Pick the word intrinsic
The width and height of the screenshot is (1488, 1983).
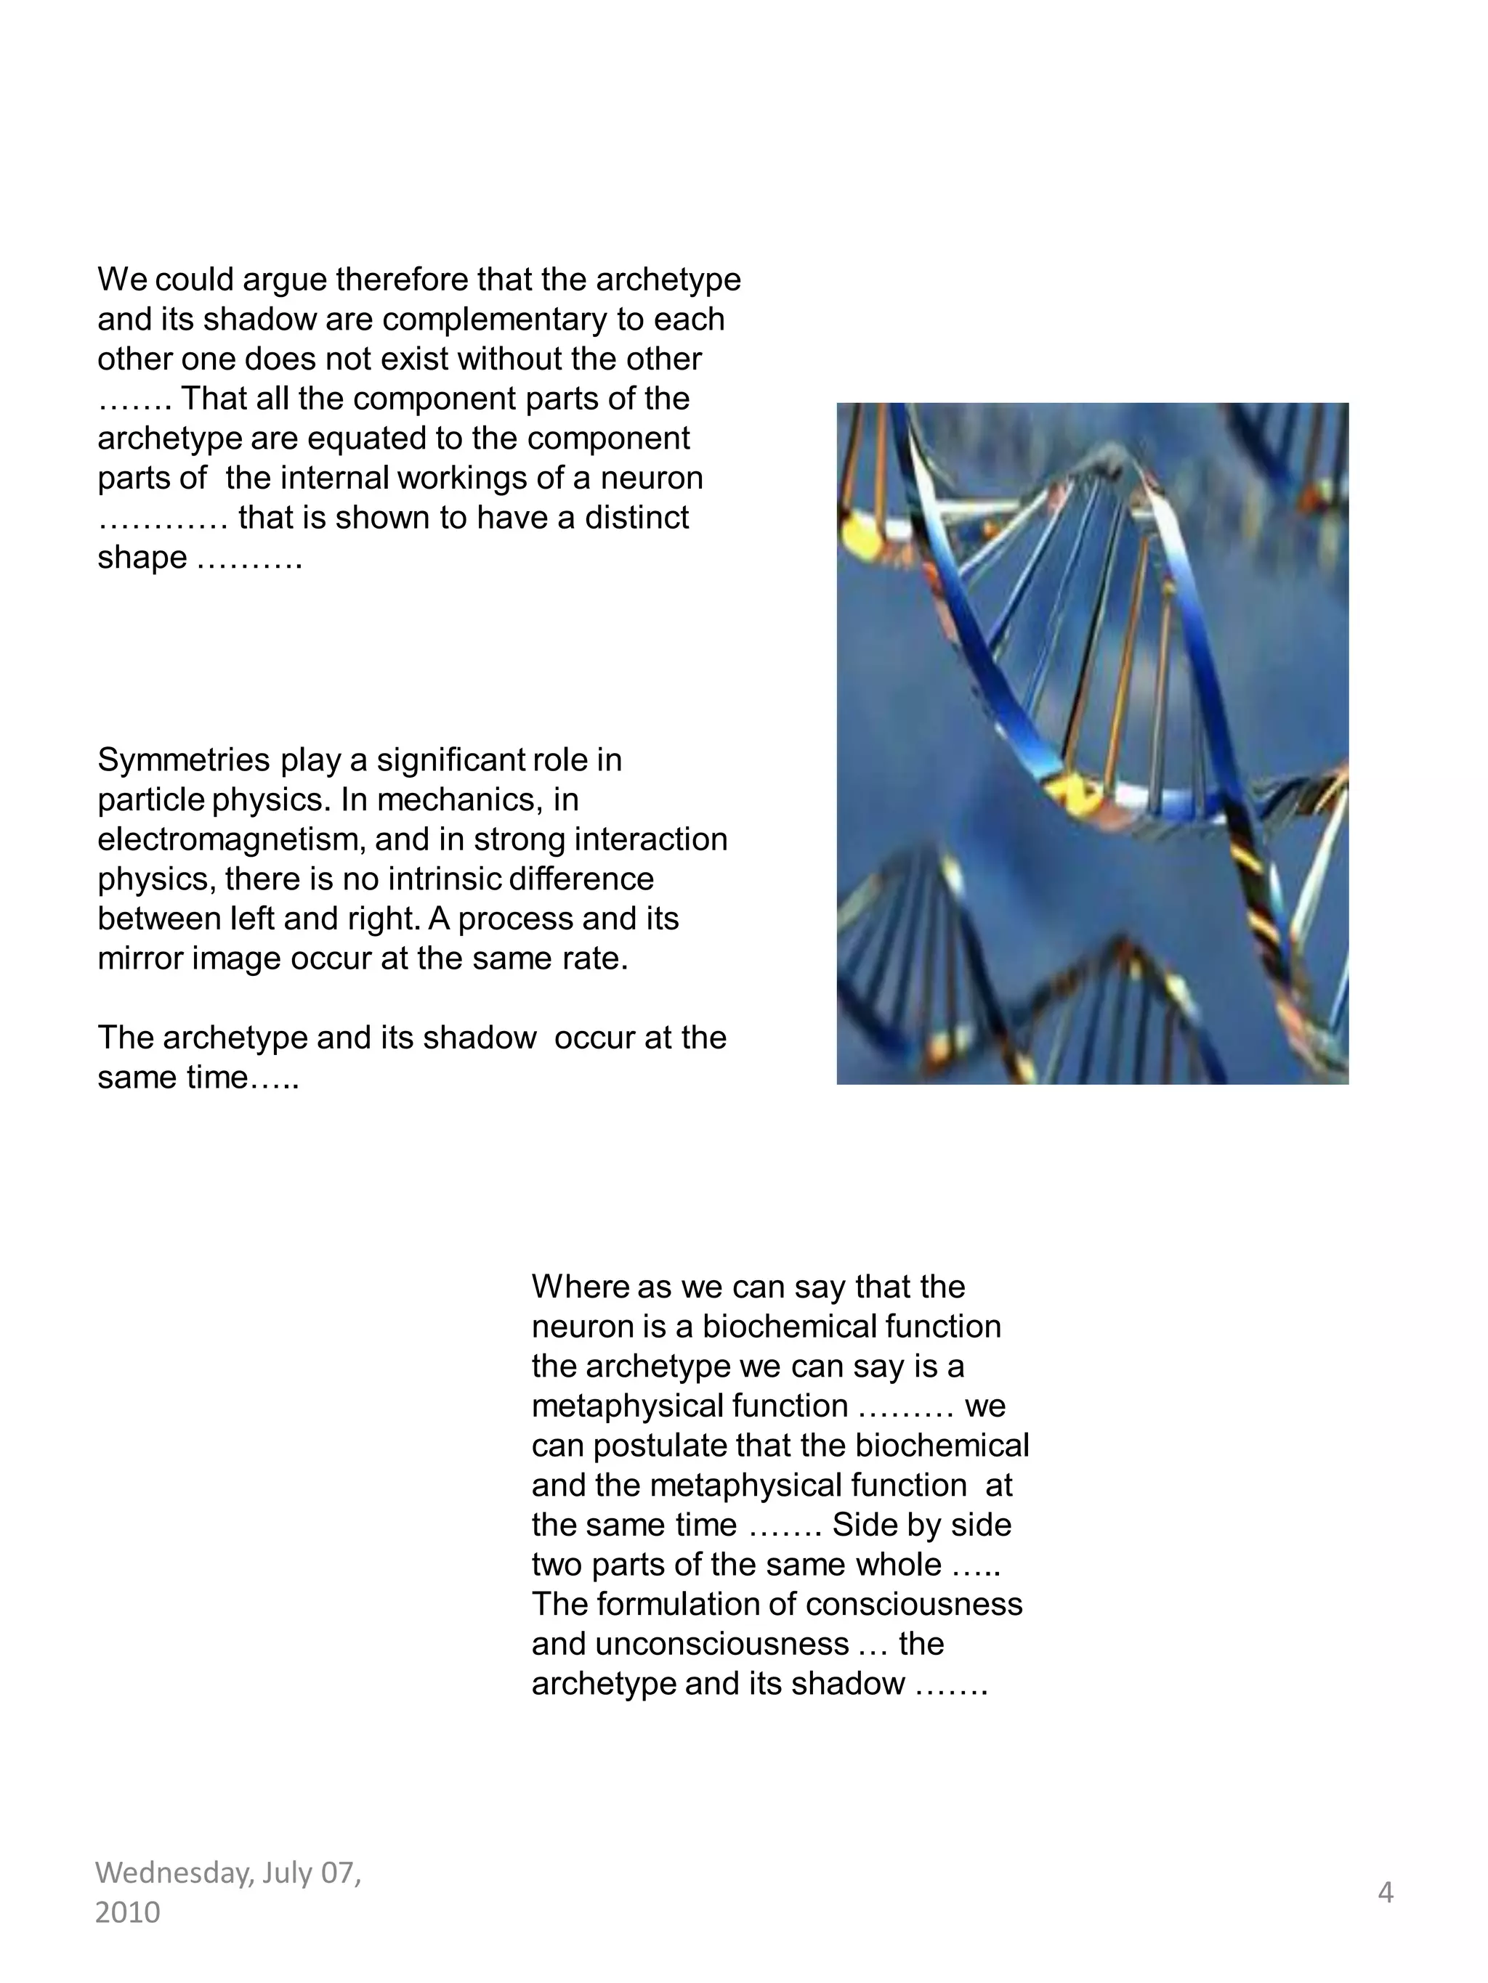445,879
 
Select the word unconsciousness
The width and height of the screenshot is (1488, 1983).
690,1644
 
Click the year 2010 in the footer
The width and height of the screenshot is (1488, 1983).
127,1912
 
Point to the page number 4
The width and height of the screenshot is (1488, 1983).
1385,1892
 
